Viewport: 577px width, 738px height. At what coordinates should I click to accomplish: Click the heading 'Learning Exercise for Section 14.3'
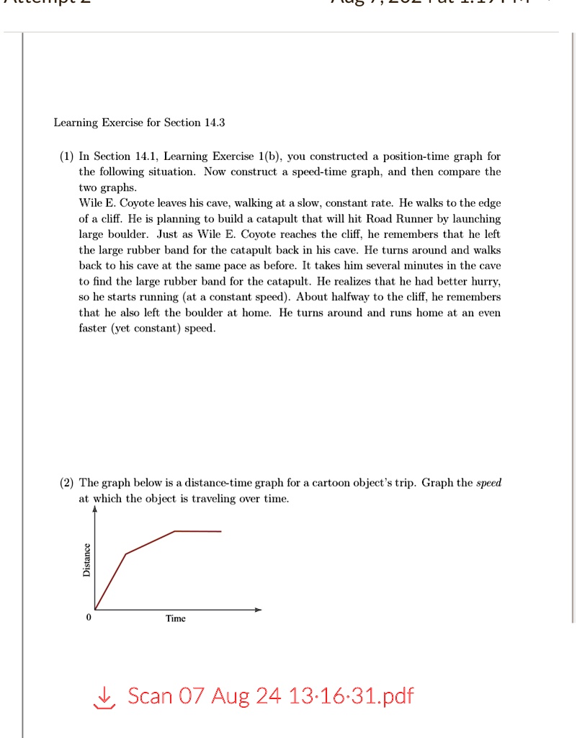coord(139,123)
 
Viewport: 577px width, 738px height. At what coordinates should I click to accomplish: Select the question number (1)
coord(67,156)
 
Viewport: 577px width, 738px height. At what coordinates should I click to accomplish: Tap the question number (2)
coord(67,483)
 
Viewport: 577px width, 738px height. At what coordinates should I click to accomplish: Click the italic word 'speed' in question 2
coord(489,483)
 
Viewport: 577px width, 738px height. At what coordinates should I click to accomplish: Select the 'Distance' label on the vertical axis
coord(86,559)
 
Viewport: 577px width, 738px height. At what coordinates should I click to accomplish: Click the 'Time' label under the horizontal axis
coord(175,618)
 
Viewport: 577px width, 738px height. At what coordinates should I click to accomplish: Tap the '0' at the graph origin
coord(88,618)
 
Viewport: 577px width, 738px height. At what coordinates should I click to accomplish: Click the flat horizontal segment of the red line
coord(198,531)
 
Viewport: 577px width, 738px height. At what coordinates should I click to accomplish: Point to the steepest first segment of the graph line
coord(110,582)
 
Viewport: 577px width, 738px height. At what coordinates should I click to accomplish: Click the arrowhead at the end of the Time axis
coord(259,610)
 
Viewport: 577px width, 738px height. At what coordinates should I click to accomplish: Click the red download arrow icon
coord(106,696)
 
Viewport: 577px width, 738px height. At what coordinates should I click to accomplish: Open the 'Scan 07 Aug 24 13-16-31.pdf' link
coord(270,696)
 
